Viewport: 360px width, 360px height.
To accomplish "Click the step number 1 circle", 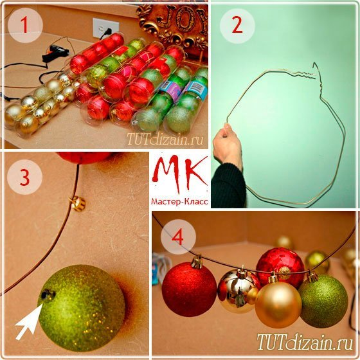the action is point(25,25).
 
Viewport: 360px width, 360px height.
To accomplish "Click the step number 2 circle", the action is point(237,26).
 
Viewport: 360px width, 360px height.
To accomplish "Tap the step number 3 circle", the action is point(25,177).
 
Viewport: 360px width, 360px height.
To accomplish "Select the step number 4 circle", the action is point(178,237).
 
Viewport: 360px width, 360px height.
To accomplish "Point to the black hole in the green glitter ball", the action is point(48,294).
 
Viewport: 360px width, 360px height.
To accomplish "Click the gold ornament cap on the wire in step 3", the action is point(78,203).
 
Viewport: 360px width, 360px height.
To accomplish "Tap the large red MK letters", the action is point(180,174).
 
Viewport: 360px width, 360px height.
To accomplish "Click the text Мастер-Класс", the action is point(179,202).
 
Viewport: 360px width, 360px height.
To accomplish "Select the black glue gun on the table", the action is point(55,53).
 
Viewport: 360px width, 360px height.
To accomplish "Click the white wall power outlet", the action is point(105,28).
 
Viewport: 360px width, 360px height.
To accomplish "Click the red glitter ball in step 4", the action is point(189,289).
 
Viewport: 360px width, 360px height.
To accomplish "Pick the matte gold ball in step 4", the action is point(278,304).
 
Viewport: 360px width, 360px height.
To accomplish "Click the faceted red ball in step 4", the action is point(280,267).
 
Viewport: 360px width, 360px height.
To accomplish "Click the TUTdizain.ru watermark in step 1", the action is point(165,139).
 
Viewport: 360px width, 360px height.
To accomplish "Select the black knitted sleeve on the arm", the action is point(228,186).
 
